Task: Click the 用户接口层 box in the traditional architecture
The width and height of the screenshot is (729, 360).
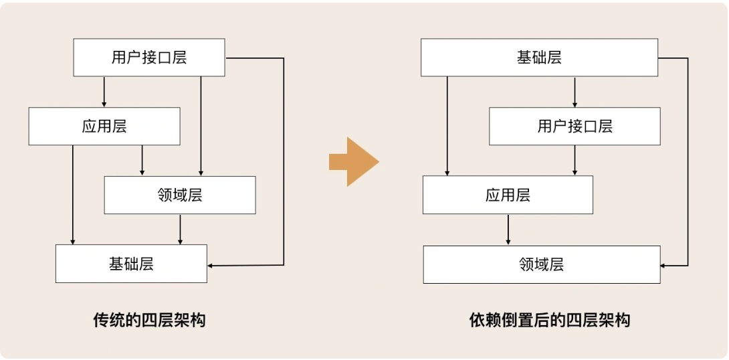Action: click(149, 58)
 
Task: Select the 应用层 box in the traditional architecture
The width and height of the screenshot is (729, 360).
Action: click(104, 126)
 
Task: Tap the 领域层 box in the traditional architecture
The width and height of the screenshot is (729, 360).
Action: click(180, 195)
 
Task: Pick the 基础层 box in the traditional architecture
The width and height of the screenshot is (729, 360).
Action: click(131, 264)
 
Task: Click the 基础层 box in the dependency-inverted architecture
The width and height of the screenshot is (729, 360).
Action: click(539, 58)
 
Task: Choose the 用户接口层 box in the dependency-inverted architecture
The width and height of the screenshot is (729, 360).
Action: click(575, 126)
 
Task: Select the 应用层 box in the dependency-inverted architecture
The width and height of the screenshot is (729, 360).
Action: click(508, 195)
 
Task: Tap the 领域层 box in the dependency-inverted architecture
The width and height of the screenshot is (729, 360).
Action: click(542, 265)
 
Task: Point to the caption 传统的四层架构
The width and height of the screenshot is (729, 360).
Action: click(149, 321)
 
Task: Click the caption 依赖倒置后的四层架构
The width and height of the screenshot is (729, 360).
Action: click(550, 321)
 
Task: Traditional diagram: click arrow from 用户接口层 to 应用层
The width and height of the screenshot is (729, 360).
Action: click(104, 92)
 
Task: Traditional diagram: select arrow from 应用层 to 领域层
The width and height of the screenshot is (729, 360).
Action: click(142, 161)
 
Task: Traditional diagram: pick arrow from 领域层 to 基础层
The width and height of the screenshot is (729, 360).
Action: click(180, 230)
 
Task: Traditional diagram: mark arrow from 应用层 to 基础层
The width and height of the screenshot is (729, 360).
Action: click(72, 195)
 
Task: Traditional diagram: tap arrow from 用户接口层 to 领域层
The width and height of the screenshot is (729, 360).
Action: click(201, 126)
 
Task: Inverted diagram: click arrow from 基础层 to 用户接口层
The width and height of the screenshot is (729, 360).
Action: click(575, 92)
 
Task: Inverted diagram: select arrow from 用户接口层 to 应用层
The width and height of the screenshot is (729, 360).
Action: click(575, 161)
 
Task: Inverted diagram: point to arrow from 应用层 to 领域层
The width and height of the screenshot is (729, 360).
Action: click(508, 230)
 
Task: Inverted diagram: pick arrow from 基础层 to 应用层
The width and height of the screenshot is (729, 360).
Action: click(447, 126)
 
